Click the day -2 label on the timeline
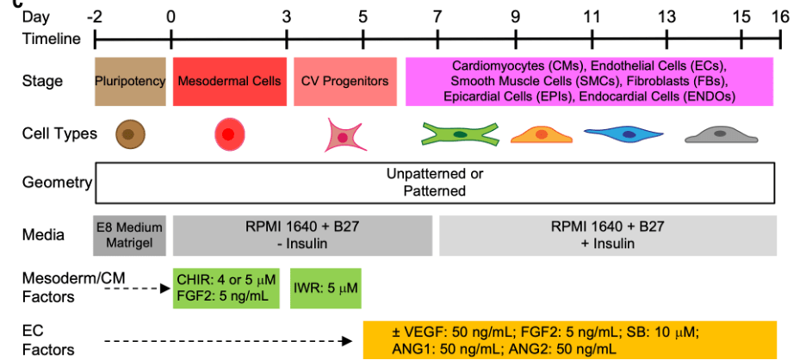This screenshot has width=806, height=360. coord(95,16)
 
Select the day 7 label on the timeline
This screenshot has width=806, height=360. coord(437,16)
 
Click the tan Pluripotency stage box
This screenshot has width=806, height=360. coord(130,82)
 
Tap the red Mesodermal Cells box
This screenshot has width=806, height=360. coord(229,82)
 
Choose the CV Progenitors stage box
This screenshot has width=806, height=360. coord(344,82)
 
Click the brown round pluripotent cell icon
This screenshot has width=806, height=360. coord(130,133)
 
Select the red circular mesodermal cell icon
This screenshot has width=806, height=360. coord(228,134)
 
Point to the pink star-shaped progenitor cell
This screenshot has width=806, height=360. coord(343,136)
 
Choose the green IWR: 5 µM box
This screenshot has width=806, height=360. coord(325,288)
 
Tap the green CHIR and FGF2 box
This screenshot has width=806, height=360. coord(226,288)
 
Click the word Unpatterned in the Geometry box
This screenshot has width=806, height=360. coord(435,173)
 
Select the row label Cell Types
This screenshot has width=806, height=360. coord(59,133)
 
